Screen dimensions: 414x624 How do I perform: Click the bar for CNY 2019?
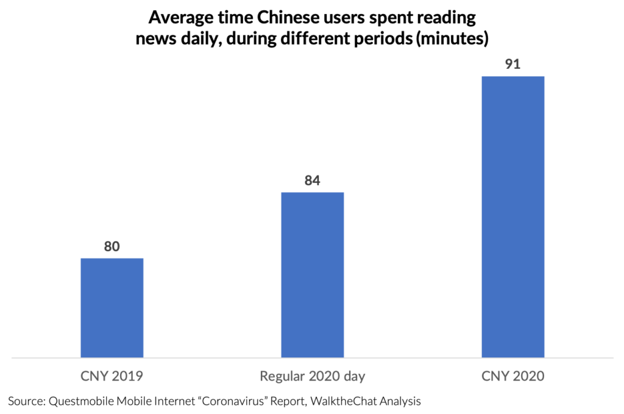coord(112,307)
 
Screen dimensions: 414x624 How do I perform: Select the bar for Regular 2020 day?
coord(312,274)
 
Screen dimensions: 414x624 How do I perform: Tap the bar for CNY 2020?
coord(512,216)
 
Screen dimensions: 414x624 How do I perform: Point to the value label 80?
coord(112,247)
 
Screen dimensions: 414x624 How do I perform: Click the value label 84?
coord(312,181)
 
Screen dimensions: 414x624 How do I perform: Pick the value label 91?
coord(512,65)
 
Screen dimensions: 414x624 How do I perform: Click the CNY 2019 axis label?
coord(112,376)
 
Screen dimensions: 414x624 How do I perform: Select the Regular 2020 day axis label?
coord(312,376)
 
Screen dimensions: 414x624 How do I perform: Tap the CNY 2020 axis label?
coord(512,376)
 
